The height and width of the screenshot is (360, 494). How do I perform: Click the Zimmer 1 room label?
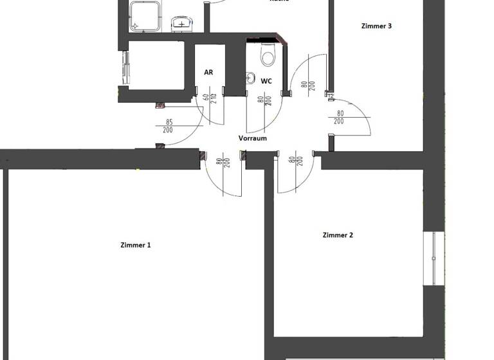136,245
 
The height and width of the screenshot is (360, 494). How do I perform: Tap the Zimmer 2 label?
338,235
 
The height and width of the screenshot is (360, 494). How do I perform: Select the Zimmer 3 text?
377,26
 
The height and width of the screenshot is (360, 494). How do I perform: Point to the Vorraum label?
252,138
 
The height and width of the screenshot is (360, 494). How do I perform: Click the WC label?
266,82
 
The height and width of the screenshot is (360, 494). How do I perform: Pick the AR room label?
208,73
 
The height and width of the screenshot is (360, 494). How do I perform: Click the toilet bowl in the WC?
268,57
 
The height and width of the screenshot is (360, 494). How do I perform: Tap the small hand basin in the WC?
250,78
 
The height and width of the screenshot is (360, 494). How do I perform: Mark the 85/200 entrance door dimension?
169,126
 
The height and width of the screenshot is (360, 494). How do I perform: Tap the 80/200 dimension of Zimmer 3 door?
339,118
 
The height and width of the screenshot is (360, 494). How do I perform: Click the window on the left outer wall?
124,67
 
